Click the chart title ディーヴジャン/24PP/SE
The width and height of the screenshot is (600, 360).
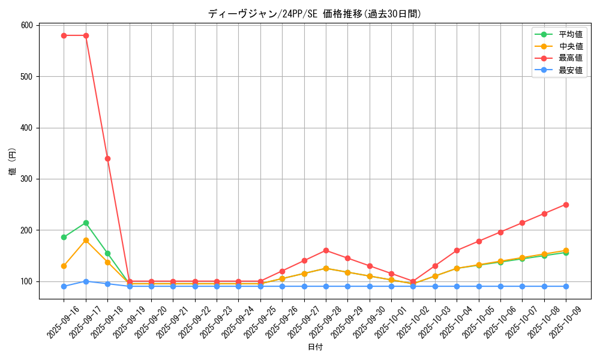coord(314,14)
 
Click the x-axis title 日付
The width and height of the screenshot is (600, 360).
coord(315,347)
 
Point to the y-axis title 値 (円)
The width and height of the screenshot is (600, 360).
coord(13,162)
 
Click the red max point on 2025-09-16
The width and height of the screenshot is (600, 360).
coord(64,35)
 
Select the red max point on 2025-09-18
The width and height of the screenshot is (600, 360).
coord(107,158)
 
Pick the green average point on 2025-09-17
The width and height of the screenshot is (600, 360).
coord(86,223)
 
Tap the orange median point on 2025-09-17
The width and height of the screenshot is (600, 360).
coord(86,240)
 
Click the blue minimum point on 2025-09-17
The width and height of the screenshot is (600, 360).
coord(86,281)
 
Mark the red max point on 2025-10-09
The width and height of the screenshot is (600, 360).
coord(566,205)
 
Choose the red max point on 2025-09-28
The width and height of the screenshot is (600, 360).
coord(326,250)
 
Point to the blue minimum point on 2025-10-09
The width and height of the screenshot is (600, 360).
coord(566,286)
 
